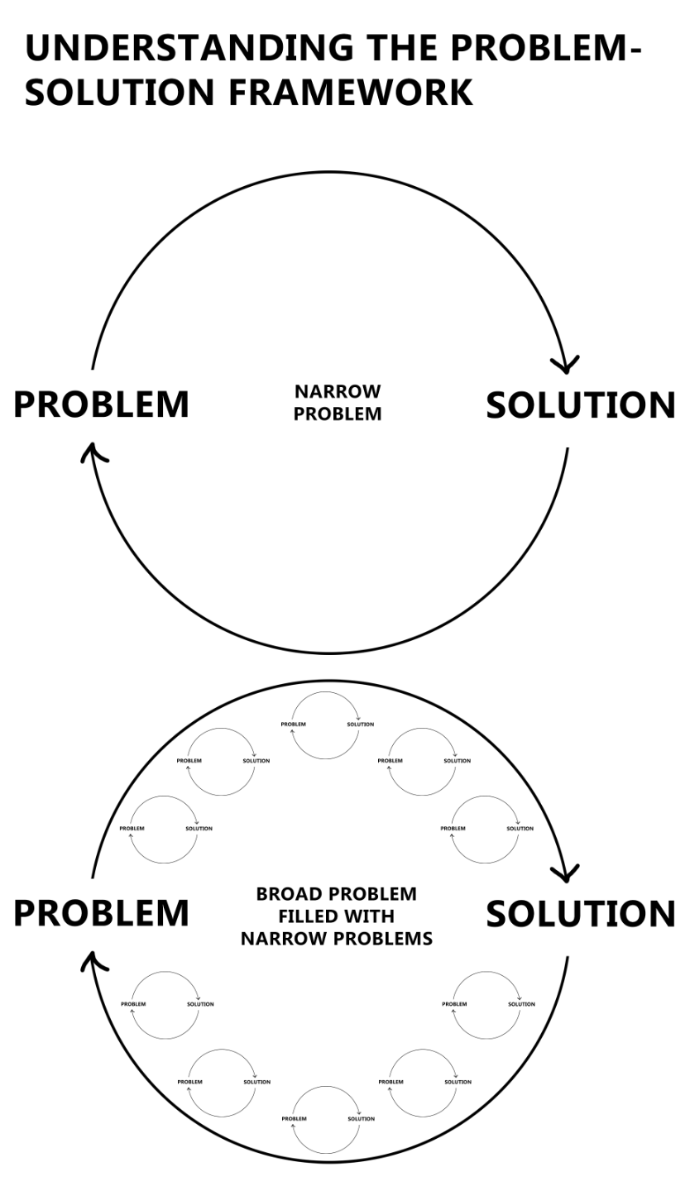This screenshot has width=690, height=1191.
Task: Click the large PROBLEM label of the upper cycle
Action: pos(102,404)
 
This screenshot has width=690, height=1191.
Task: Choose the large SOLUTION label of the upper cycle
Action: pos(580,405)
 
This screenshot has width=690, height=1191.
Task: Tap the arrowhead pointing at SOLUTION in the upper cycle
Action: pos(566,364)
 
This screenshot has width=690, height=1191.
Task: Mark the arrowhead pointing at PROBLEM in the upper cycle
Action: pos(93,452)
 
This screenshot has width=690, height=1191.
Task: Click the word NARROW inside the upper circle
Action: pos(338,391)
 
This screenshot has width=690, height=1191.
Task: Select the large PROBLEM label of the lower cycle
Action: pos(102,913)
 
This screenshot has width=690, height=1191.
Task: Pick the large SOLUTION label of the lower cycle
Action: pos(580,914)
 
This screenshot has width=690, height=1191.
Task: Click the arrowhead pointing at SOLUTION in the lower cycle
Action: pos(566,873)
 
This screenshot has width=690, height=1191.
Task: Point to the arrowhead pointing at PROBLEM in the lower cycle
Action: pos(93,960)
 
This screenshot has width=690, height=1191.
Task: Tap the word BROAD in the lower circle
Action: pos(289,894)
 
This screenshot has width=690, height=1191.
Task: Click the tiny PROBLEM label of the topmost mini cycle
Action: pos(293,725)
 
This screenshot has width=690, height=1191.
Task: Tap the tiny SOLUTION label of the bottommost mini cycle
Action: pos(361,1119)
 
